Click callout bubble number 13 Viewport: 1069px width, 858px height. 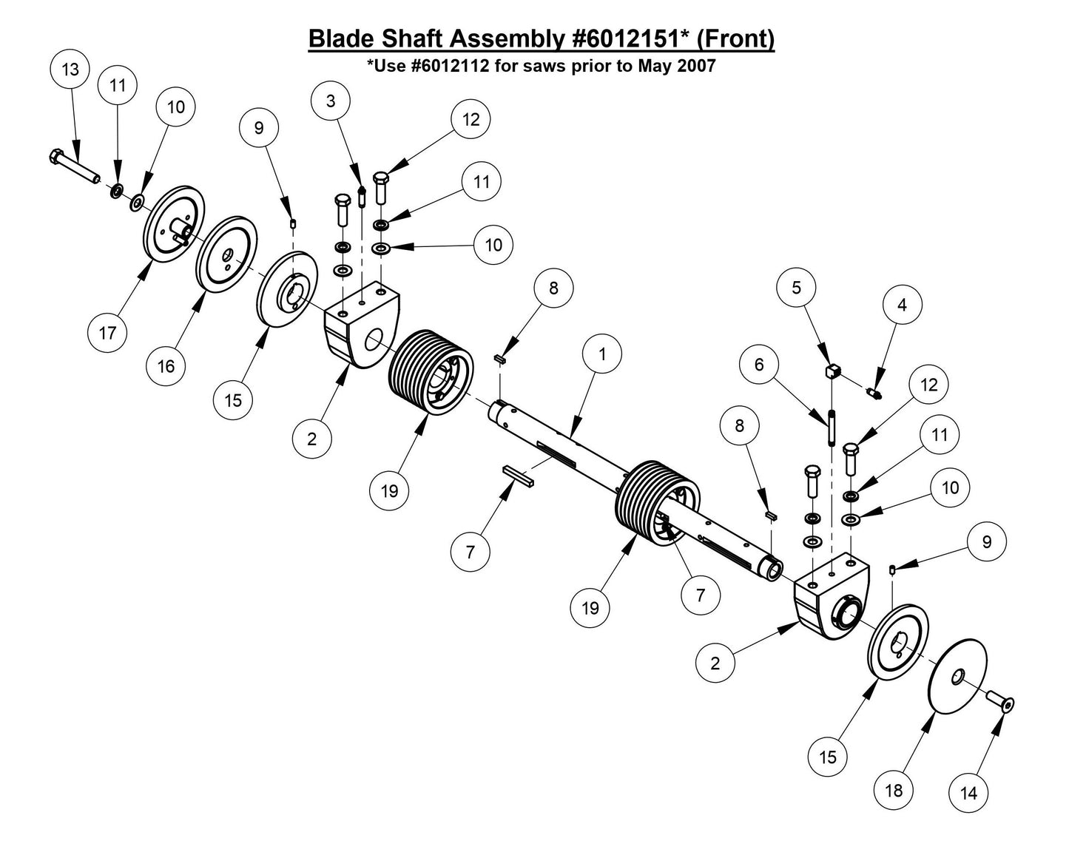pos(70,70)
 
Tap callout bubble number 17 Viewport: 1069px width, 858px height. pos(108,333)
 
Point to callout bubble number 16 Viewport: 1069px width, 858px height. pos(166,366)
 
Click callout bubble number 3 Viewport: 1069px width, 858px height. pos(331,101)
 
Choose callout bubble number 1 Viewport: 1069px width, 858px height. pos(602,354)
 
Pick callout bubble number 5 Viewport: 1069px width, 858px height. pos(797,288)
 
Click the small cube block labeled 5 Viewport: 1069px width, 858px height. pos(832,369)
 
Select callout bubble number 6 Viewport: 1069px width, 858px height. pos(759,365)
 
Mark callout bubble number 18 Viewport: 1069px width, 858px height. pos(894,791)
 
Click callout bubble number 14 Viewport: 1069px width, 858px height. pos(968,794)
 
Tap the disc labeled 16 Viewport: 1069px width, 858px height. pos(223,255)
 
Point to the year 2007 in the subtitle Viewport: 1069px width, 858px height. pos(695,66)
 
